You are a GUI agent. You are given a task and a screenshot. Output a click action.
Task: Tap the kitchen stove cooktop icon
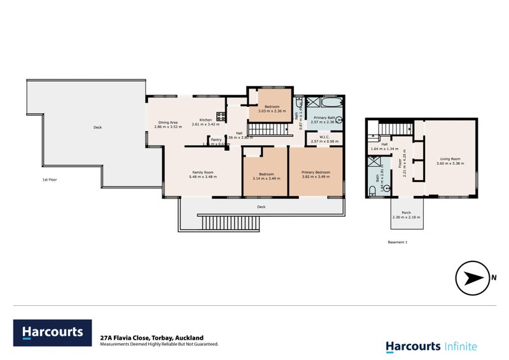[221, 116]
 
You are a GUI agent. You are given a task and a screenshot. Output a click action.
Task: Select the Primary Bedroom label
[316, 172]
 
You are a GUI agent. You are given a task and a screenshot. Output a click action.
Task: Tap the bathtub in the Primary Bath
[331, 101]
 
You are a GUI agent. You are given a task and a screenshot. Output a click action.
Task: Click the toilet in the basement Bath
[372, 190]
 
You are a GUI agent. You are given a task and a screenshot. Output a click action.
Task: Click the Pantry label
[216, 139]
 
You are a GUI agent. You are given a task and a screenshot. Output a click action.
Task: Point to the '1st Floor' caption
[50, 180]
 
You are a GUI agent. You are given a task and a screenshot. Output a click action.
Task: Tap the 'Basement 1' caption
[397, 242]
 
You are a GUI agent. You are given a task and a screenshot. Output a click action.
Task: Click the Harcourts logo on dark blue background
[53, 332]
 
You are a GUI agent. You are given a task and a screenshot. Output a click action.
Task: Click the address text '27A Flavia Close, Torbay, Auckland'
[151, 338]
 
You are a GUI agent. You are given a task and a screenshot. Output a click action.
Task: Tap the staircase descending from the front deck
[230, 223]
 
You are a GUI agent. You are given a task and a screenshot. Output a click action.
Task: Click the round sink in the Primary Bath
[340, 119]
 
